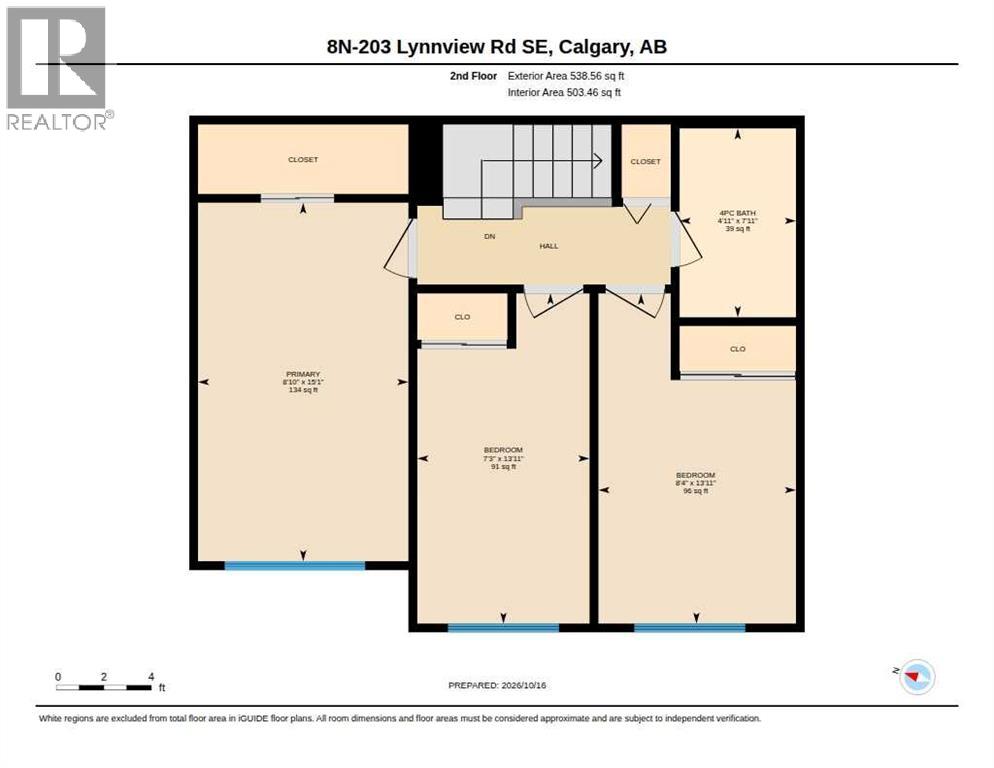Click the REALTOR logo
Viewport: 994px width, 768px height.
pyautogui.click(x=57, y=68)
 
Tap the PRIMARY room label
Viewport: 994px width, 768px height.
pyautogui.click(x=303, y=374)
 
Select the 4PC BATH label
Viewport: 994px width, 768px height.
pyautogui.click(x=737, y=213)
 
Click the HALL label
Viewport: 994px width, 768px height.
pyautogui.click(x=549, y=246)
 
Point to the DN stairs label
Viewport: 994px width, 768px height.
pyautogui.click(x=489, y=237)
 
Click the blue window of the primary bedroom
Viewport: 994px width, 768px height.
pyautogui.click(x=295, y=565)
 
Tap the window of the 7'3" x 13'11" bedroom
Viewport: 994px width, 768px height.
pyautogui.click(x=503, y=628)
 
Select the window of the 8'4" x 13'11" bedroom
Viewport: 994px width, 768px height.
pyautogui.click(x=690, y=628)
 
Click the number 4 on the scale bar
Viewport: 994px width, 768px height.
pyautogui.click(x=151, y=677)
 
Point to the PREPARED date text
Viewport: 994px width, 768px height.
pyautogui.click(x=497, y=686)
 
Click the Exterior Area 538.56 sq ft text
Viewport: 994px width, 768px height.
pyautogui.click(x=566, y=76)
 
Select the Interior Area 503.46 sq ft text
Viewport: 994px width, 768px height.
pyautogui.click(x=564, y=93)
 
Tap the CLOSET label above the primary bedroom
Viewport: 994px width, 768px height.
pyautogui.click(x=303, y=160)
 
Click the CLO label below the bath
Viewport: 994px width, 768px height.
pyautogui.click(x=738, y=349)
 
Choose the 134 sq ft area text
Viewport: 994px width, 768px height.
pyautogui.click(x=303, y=390)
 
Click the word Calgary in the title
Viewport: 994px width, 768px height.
pyautogui.click(x=595, y=48)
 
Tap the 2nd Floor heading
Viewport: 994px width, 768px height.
pyautogui.click(x=474, y=76)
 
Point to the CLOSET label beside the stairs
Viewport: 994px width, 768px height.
pyautogui.click(x=645, y=162)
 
